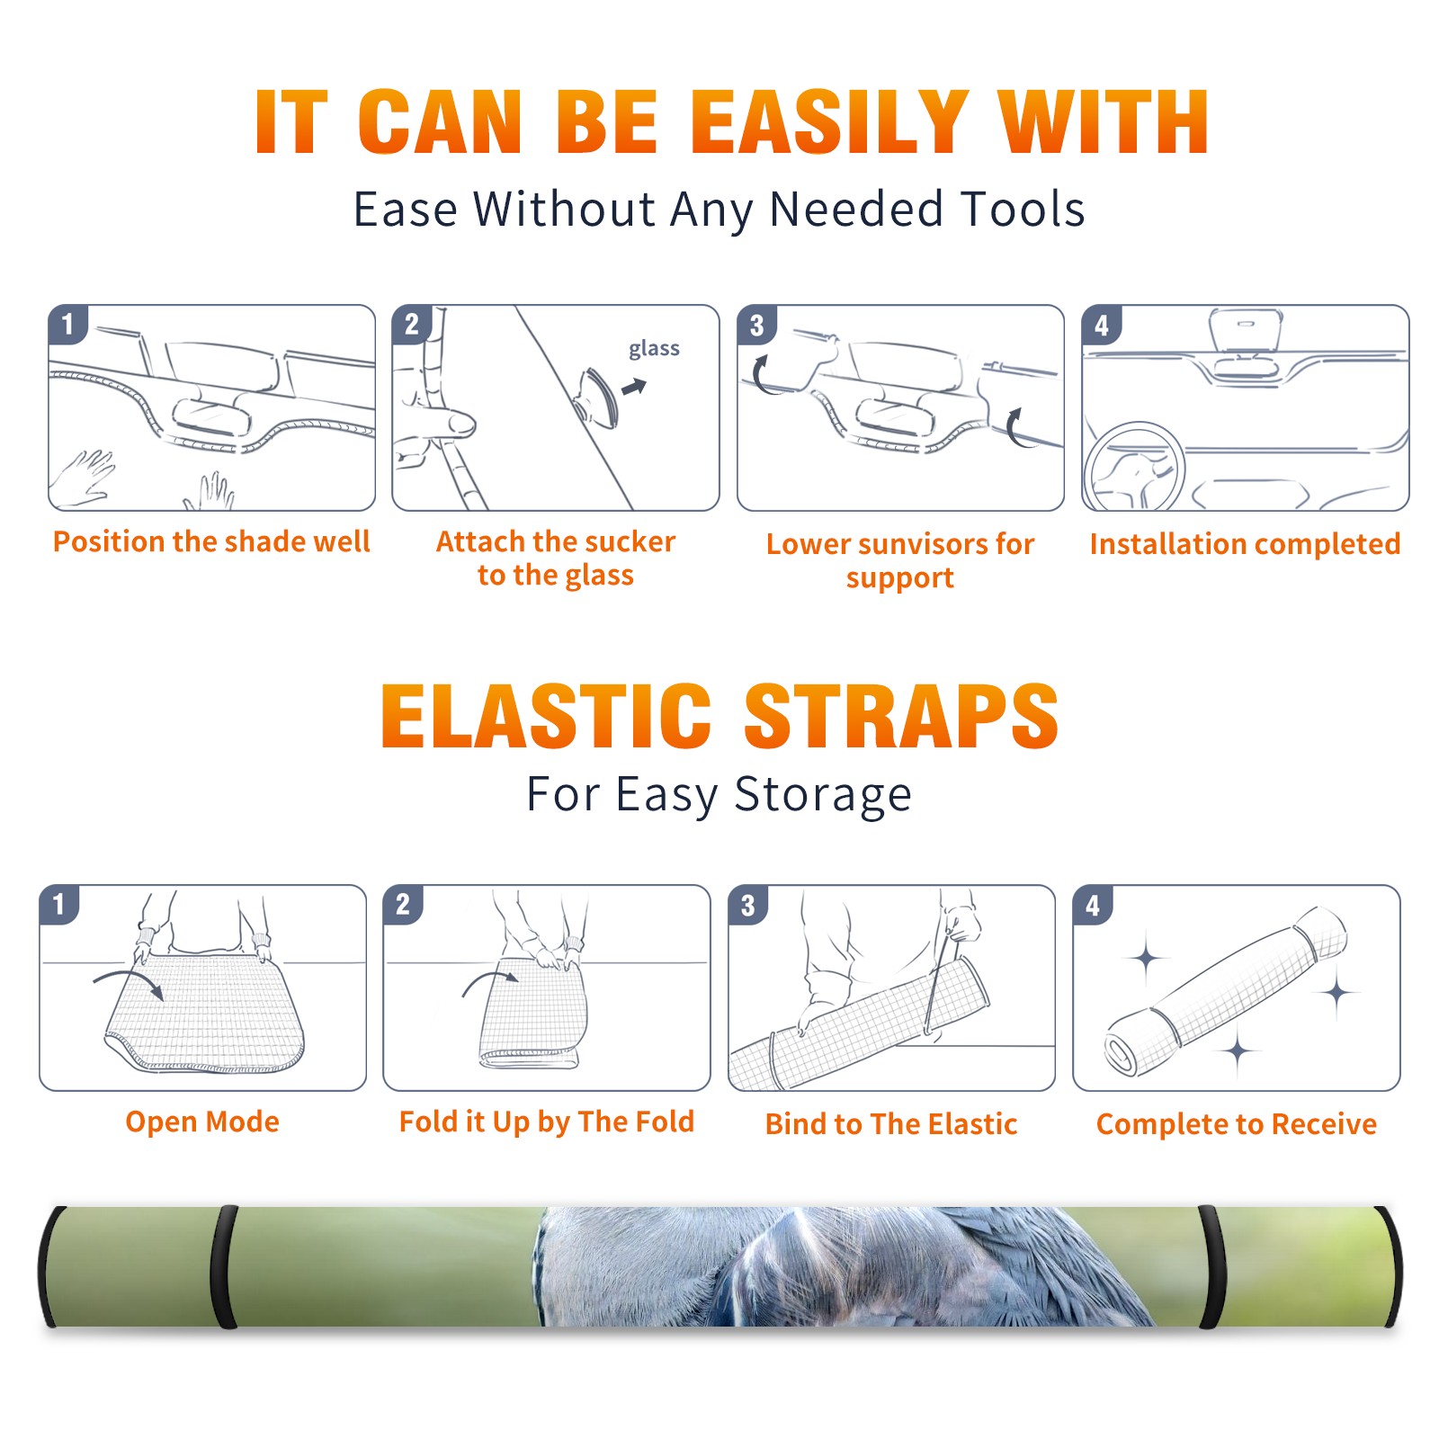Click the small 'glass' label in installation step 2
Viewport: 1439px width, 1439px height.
pos(654,348)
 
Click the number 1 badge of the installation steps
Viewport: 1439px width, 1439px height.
pos(67,324)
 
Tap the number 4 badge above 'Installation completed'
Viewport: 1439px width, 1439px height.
pos(1102,325)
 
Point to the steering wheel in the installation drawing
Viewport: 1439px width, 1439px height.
pos(1134,467)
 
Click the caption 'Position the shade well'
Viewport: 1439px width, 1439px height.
pos(211,541)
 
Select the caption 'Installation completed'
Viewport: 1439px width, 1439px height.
pos(1245,543)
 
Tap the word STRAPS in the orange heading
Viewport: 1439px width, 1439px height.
pos(901,716)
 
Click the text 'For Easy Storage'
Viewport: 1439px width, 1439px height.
pos(719,795)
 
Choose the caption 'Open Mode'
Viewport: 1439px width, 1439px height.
pos(202,1122)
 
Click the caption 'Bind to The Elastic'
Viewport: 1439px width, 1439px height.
pos(891,1124)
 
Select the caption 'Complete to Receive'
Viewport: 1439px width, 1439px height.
pos(1237,1124)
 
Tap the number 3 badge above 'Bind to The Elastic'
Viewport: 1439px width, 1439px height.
pos(748,905)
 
